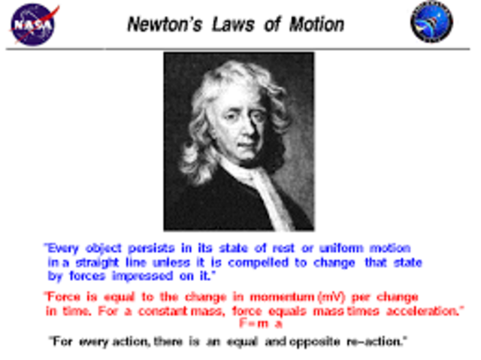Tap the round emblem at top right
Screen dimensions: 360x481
[431, 23]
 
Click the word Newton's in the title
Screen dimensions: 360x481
[160, 24]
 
